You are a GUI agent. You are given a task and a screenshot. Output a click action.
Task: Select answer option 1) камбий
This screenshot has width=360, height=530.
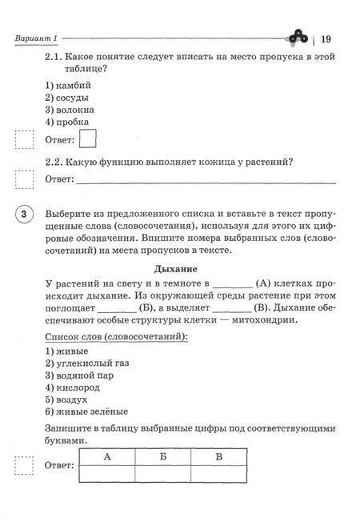pyautogui.click(x=69, y=85)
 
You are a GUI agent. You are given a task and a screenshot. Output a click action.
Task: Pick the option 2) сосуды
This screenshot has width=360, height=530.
pyautogui.click(x=68, y=98)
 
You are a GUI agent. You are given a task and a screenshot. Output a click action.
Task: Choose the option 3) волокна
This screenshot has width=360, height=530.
pyautogui.click(x=71, y=110)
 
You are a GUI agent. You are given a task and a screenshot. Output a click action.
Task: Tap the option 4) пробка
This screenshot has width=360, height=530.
pyautogui.click(x=68, y=122)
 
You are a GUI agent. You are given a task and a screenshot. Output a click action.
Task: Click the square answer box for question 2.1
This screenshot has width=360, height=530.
pyautogui.click(x=88, y=140)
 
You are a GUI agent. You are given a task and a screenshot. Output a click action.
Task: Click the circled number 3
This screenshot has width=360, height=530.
pyautogui.click(x=25, y=215)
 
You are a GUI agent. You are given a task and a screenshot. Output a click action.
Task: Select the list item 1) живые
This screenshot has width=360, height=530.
pyautogui.click(x=67, y=351)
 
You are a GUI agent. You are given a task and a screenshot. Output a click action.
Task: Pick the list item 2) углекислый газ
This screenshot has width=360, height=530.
pyautogui.click(x=87, y=363)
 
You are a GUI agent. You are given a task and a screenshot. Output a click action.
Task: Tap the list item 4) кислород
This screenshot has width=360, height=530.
pyautogui.click(x=75, y=387)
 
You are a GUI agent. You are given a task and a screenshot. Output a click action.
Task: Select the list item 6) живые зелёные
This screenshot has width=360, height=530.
pyautogui.click(x=89, y=411)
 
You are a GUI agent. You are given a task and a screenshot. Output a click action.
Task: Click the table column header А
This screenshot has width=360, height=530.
pyautogui.click(x=106, y=457)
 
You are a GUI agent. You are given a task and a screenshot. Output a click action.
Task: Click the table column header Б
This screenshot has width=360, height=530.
pyautogui.click(x=163, y=457)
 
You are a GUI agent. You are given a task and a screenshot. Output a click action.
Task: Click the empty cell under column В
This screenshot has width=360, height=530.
pyautogui.click(x=220, y=472)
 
